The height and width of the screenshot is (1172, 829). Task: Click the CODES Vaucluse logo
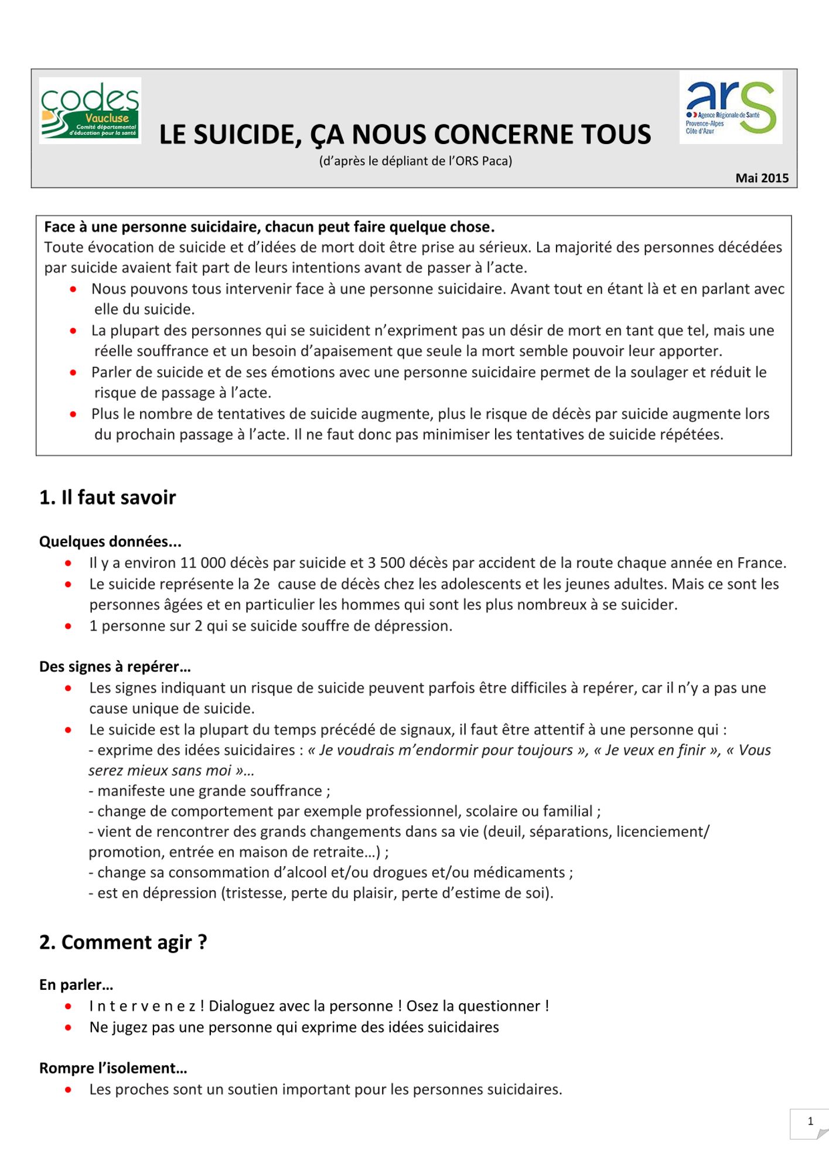click(90, 111)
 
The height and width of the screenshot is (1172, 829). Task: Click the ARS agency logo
click(731, 107)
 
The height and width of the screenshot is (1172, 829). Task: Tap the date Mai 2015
click(762, 178)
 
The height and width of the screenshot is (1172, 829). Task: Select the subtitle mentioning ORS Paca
click(415, 161)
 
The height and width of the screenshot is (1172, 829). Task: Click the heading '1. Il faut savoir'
click(107, 498)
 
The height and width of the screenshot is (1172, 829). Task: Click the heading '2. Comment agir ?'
click(123, 942)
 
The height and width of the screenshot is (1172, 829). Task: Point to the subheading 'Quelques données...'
click(110, 541)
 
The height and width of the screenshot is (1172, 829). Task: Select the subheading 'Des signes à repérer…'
click(115, 667)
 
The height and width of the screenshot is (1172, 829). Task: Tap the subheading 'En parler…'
click(76, 985)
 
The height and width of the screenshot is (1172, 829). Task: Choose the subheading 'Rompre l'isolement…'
click(113, 1068)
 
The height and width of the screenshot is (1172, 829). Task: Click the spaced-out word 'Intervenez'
click(142, 1006)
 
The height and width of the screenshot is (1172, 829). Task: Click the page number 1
click(810, 1122)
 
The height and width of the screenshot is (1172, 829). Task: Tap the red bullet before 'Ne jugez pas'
click(69, 1027)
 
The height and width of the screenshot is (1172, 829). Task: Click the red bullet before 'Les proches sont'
click(69, 1090)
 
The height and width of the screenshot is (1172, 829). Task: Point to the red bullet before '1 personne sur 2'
click(69, 626)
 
